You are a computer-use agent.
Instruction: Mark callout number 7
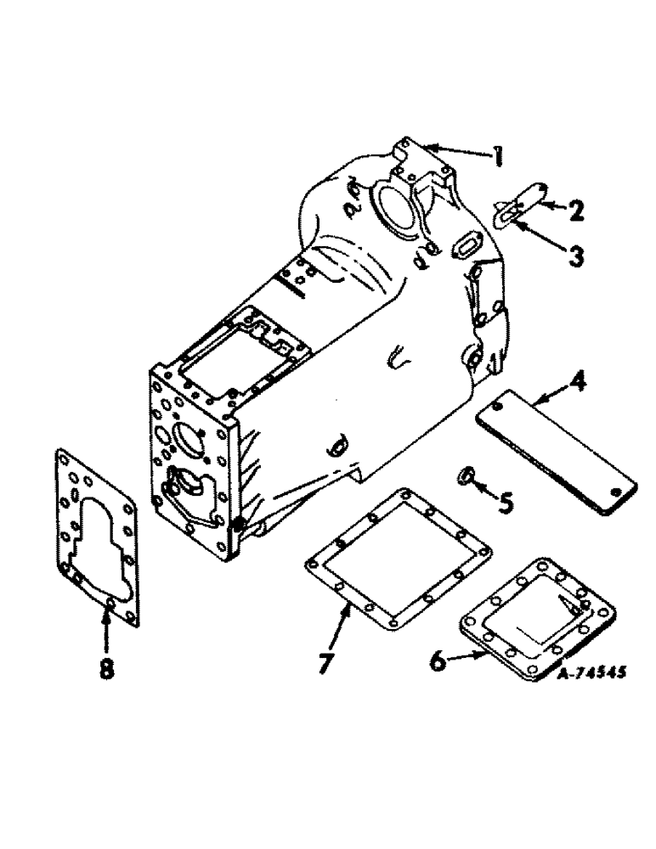pos(324,661)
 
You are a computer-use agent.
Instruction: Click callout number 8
pos(105,670)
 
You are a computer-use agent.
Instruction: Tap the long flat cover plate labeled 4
pos(556,457)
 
